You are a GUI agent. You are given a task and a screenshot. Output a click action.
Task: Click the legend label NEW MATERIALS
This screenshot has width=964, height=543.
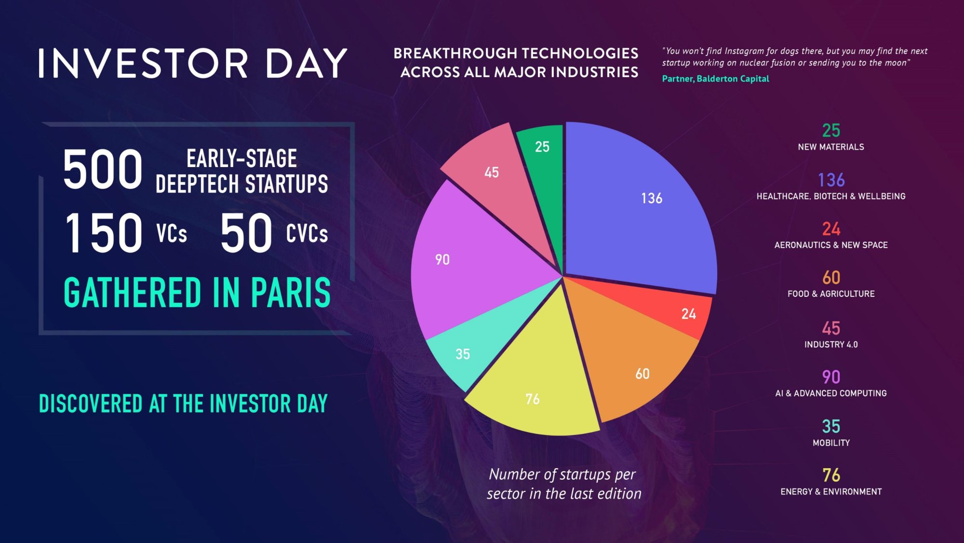click(x=831, y=147)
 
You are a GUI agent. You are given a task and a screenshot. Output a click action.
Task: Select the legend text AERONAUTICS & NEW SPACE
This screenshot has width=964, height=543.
click(x=831, y=245)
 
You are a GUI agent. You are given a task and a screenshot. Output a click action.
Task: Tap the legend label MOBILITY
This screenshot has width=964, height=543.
click(x=831, y=443)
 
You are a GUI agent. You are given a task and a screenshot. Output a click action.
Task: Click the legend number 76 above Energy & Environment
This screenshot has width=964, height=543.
click(x=831, y=475)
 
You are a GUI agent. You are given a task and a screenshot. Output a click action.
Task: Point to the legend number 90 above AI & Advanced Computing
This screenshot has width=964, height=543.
click(x=831, y=377)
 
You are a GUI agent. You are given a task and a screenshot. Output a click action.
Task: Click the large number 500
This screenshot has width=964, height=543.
click(x=103, y=169)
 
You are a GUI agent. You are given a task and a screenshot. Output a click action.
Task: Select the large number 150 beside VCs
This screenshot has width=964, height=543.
click(x=104, y=233)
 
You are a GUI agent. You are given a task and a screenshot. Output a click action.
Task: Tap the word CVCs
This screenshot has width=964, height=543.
click(x=307, y=234)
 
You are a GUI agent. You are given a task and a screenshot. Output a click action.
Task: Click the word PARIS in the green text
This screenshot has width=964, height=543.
click(x=291, y=292)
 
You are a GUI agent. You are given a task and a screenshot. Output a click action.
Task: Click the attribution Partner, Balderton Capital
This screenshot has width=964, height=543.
click(x=715, y=79)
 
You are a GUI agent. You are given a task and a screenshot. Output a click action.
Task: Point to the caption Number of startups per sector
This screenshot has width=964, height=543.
click(x=563, y=484)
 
